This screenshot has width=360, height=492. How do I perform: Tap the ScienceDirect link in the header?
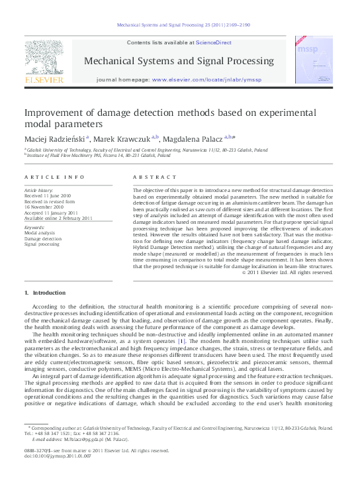click(x=213, y=42)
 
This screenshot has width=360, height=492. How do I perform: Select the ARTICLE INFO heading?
click(x=54, y=177)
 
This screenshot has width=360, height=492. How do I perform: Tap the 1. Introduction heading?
click(x=45, y=292)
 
